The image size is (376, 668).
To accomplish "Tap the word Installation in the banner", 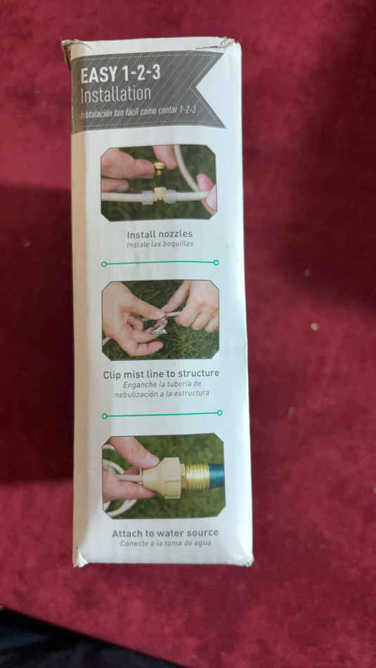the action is click(116, 95).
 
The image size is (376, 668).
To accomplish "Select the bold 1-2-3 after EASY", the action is click(141, 74).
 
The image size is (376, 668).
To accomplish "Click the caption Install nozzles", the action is click(160, 234).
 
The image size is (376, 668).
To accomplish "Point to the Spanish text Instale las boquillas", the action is click(160, 245).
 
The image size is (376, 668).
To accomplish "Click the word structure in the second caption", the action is click(198, 373).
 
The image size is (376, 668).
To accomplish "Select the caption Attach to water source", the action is click(165, 533).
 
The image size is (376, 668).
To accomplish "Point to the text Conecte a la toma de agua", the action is click(166, 543).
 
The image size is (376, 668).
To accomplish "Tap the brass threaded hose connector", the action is click(197, 475).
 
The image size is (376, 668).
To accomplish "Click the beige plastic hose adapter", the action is click(162, 478).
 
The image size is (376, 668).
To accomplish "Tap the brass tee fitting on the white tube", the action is click(160, 194).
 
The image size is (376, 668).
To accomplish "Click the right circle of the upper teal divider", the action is click(216, 262).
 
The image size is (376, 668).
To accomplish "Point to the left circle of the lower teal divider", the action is click(104, 416).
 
